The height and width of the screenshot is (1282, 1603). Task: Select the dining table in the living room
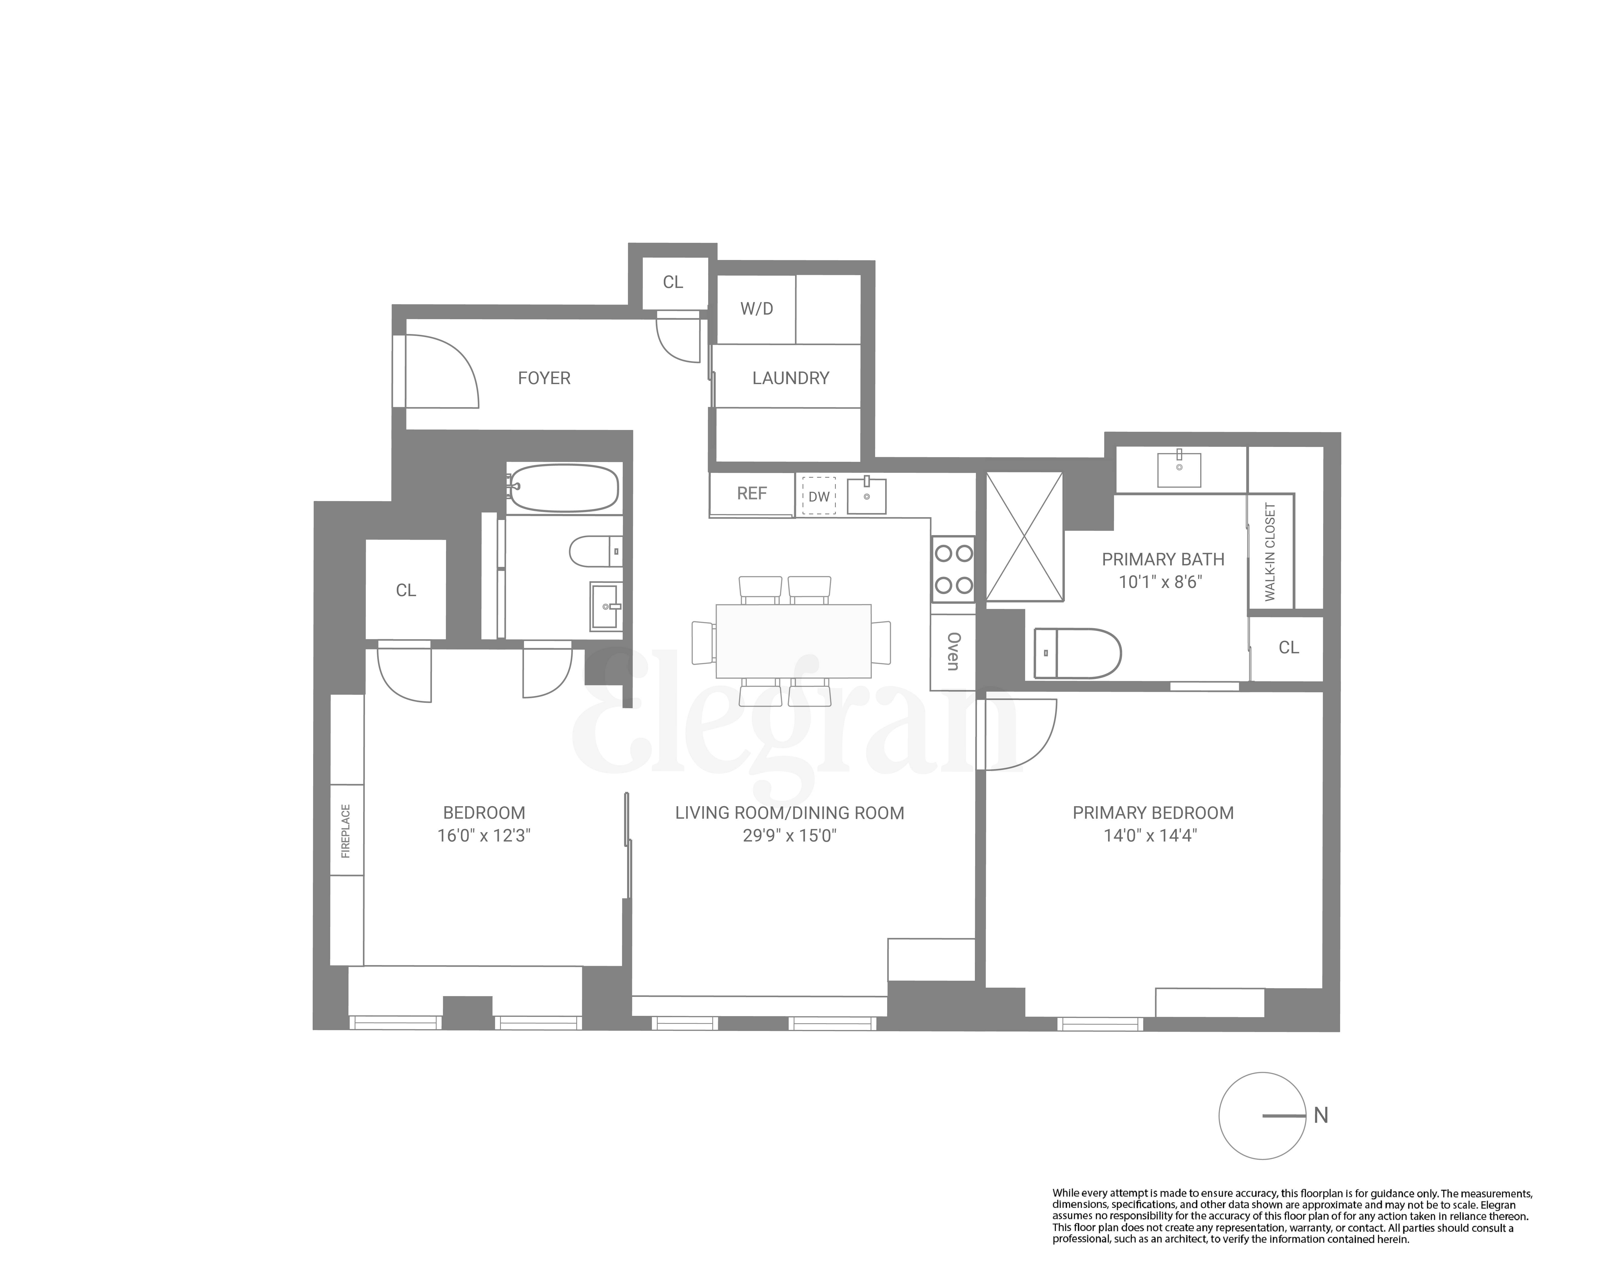793,641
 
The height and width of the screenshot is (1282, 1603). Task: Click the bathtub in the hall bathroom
564,488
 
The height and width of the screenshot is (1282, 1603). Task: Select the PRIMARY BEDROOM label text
1152,813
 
